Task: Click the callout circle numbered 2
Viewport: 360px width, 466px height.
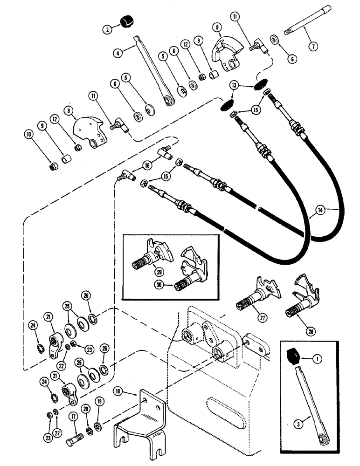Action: [108, 27]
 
